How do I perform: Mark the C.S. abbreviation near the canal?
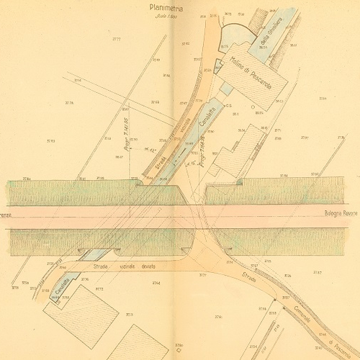pos(230,107)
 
